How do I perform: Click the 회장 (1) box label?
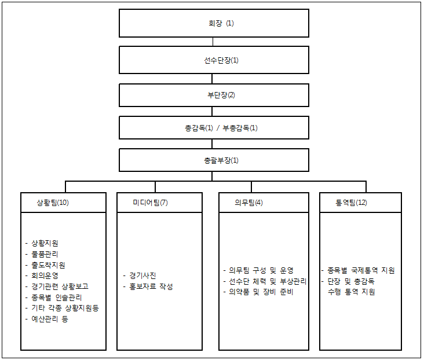pyautogui.click(x=221, y=23)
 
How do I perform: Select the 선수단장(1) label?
pyautogui.click(x=221, y=60)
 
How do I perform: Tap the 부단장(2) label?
pyautogui.click(x=221, y=95)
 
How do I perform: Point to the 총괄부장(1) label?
pyautogui.click(x=221, y=160)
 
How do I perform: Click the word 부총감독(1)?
pyautogui.click(x=240, y=128)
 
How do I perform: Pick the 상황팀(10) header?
pyautogui.click(x=53, y=203)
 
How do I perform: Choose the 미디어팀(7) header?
pyautogui.click(x=151, y=203)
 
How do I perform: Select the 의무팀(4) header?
pyautogui.click(x=248, y=203)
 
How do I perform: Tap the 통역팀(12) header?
pyautogui.click(x=351, y=203)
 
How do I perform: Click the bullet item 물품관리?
pyautogui.click(x=45, y=254)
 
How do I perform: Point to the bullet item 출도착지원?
pyautogui.click(x=48, y=265)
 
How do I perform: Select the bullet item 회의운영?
pyautogui.click(x=45, y=275)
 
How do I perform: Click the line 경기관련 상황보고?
pyautogui.click(x=60, y=286)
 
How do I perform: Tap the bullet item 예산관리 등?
pyautogui.click(x=50, y=319)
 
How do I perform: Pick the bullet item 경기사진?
pyautogui.click(x=142, y=275)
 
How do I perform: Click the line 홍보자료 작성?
pyautogui.click(x=151, y=286)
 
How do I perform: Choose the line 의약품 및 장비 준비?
pyautogui.click(x=261, y=292)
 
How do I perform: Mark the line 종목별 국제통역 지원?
pyautogui.click(x=361, y=270)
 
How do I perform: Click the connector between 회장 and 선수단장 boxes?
pyautogui.click(x=213, y=42)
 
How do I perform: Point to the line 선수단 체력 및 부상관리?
pyautogui.click(x=268, y=281)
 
